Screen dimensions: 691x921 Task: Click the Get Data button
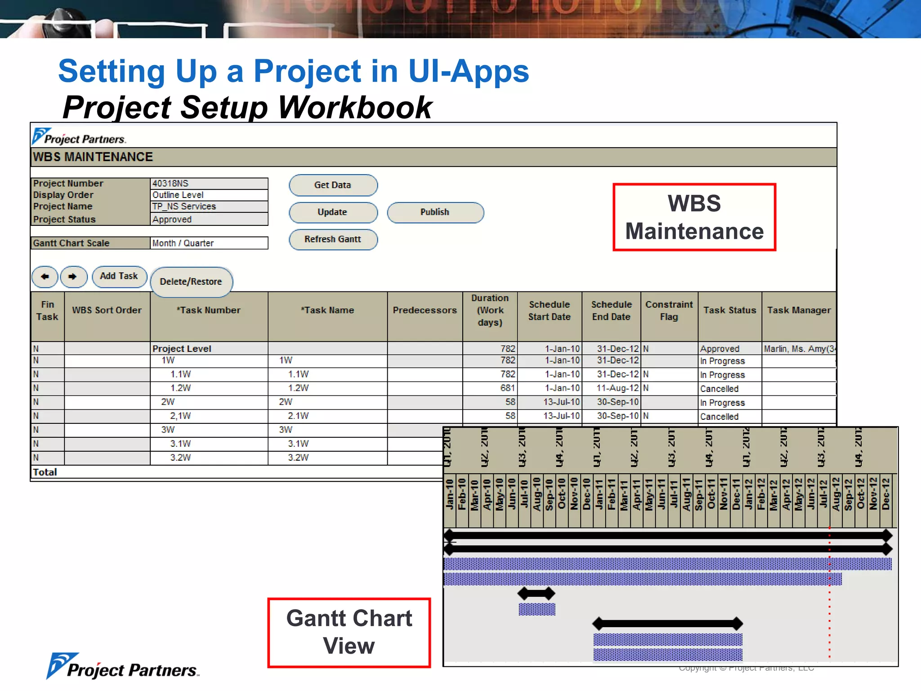click(333, 185)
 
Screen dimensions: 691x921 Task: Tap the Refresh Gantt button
click(333, 239)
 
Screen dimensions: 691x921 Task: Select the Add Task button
click(119, 276)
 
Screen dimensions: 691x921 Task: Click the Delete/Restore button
click(191, 282)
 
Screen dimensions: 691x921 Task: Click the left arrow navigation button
click(45, 277)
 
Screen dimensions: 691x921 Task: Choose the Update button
click(333, 212)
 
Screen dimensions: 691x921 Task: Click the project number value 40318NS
click(209, 183)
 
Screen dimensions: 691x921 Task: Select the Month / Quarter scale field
click(209, 243)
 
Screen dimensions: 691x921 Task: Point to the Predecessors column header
click(425, 310)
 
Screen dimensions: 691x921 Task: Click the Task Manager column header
click(799, 310)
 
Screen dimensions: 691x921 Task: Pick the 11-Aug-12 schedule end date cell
click(617, 388)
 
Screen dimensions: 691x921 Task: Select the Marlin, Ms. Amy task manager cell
click(799, 349)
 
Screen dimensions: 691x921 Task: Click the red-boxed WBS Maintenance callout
click(694, 217)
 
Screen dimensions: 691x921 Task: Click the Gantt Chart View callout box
click(349, 632)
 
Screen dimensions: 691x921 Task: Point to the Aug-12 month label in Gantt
click(836, 494)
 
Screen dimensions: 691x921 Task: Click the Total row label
click(45, 472)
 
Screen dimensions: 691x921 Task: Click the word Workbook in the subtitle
click(355, 108)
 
